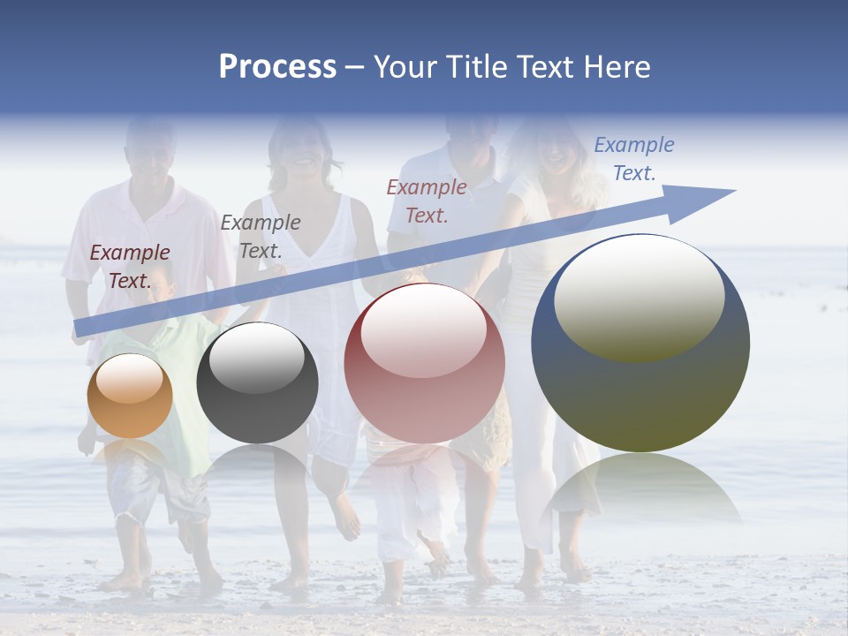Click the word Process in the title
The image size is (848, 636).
277,67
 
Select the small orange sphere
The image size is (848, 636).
130,397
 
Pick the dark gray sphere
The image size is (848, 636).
257,383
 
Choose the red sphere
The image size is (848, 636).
424,363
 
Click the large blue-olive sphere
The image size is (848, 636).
640,344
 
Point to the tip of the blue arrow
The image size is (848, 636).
733,191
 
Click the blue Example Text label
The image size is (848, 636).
633,159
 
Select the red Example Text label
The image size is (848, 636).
427,201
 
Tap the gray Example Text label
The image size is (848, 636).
261,236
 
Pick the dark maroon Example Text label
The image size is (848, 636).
130,266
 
